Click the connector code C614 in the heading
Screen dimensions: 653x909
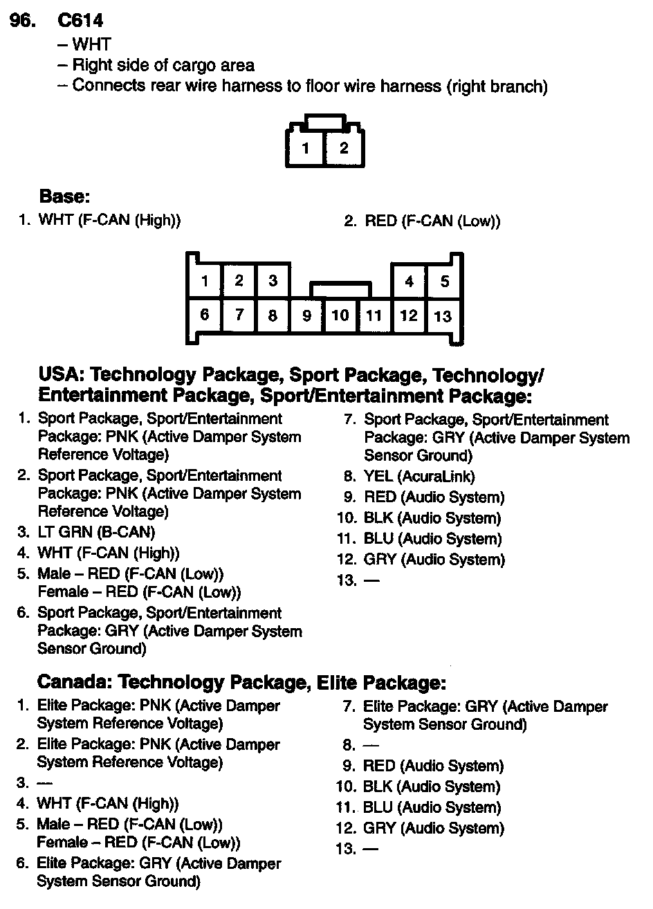(x=81, y=21)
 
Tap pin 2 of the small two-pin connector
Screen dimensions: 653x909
(x=343, y=147)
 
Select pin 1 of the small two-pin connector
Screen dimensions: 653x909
(x=306, y=147)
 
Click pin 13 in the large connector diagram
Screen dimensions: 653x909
(x=443, y=316)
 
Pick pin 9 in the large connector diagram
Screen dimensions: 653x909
(x=306, y=316)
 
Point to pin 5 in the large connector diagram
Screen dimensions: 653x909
(x=444, y=281)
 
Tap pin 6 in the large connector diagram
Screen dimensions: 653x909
(x=205, y=315)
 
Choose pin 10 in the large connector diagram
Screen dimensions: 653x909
(x=340, y=316)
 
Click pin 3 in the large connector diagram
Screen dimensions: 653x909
(x=273, y=281)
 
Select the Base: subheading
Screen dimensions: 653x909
(x=64, y=196)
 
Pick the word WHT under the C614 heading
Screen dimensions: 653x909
(x=91, y=45)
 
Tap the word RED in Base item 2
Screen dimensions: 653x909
(x=380, y=221)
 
